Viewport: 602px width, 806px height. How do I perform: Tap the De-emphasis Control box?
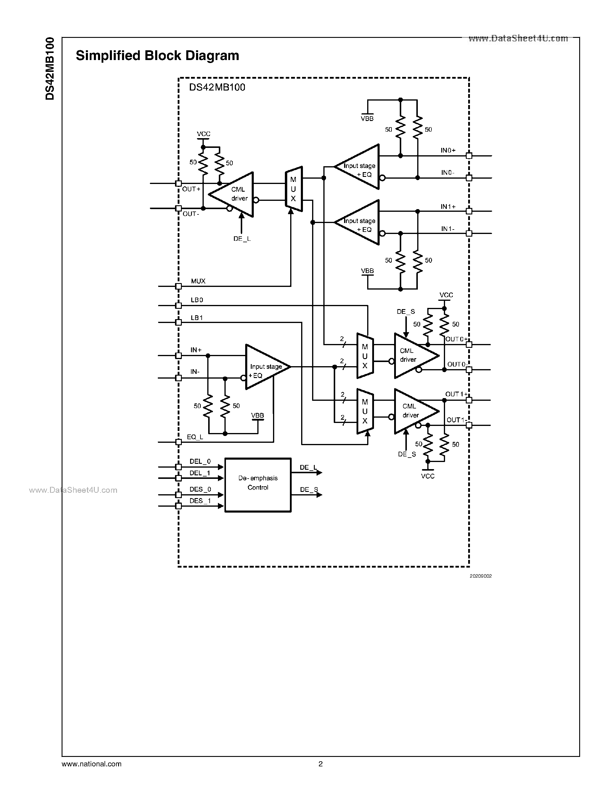[258, 484]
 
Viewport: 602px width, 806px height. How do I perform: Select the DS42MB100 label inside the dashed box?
[217, 87]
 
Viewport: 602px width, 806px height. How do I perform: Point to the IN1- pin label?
[447, 229]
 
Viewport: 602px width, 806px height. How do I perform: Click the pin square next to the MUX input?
[178, 286]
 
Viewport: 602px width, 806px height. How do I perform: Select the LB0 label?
[197, 300]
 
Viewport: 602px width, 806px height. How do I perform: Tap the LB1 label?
[197, 318]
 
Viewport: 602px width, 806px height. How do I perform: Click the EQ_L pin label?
[195, 437]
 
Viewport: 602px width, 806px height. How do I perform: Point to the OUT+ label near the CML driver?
[191, 189]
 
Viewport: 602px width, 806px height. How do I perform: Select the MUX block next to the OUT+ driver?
[293, 189]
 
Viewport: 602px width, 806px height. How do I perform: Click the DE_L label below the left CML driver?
[242, 239]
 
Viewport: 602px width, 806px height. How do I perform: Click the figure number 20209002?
[480, 576]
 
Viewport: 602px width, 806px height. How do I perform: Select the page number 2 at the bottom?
[320, 764]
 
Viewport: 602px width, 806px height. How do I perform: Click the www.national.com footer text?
[91, 764]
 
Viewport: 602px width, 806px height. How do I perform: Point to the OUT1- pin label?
[456, 420]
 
